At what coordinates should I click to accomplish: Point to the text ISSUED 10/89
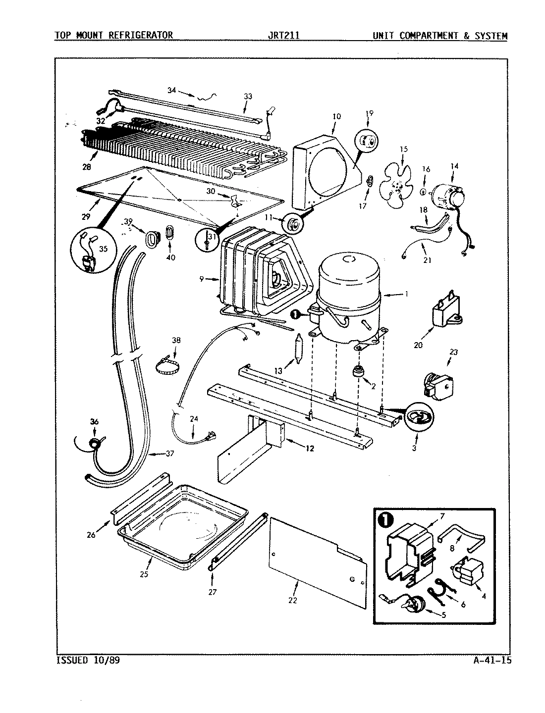pyautogui.click(x=87, y=661)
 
